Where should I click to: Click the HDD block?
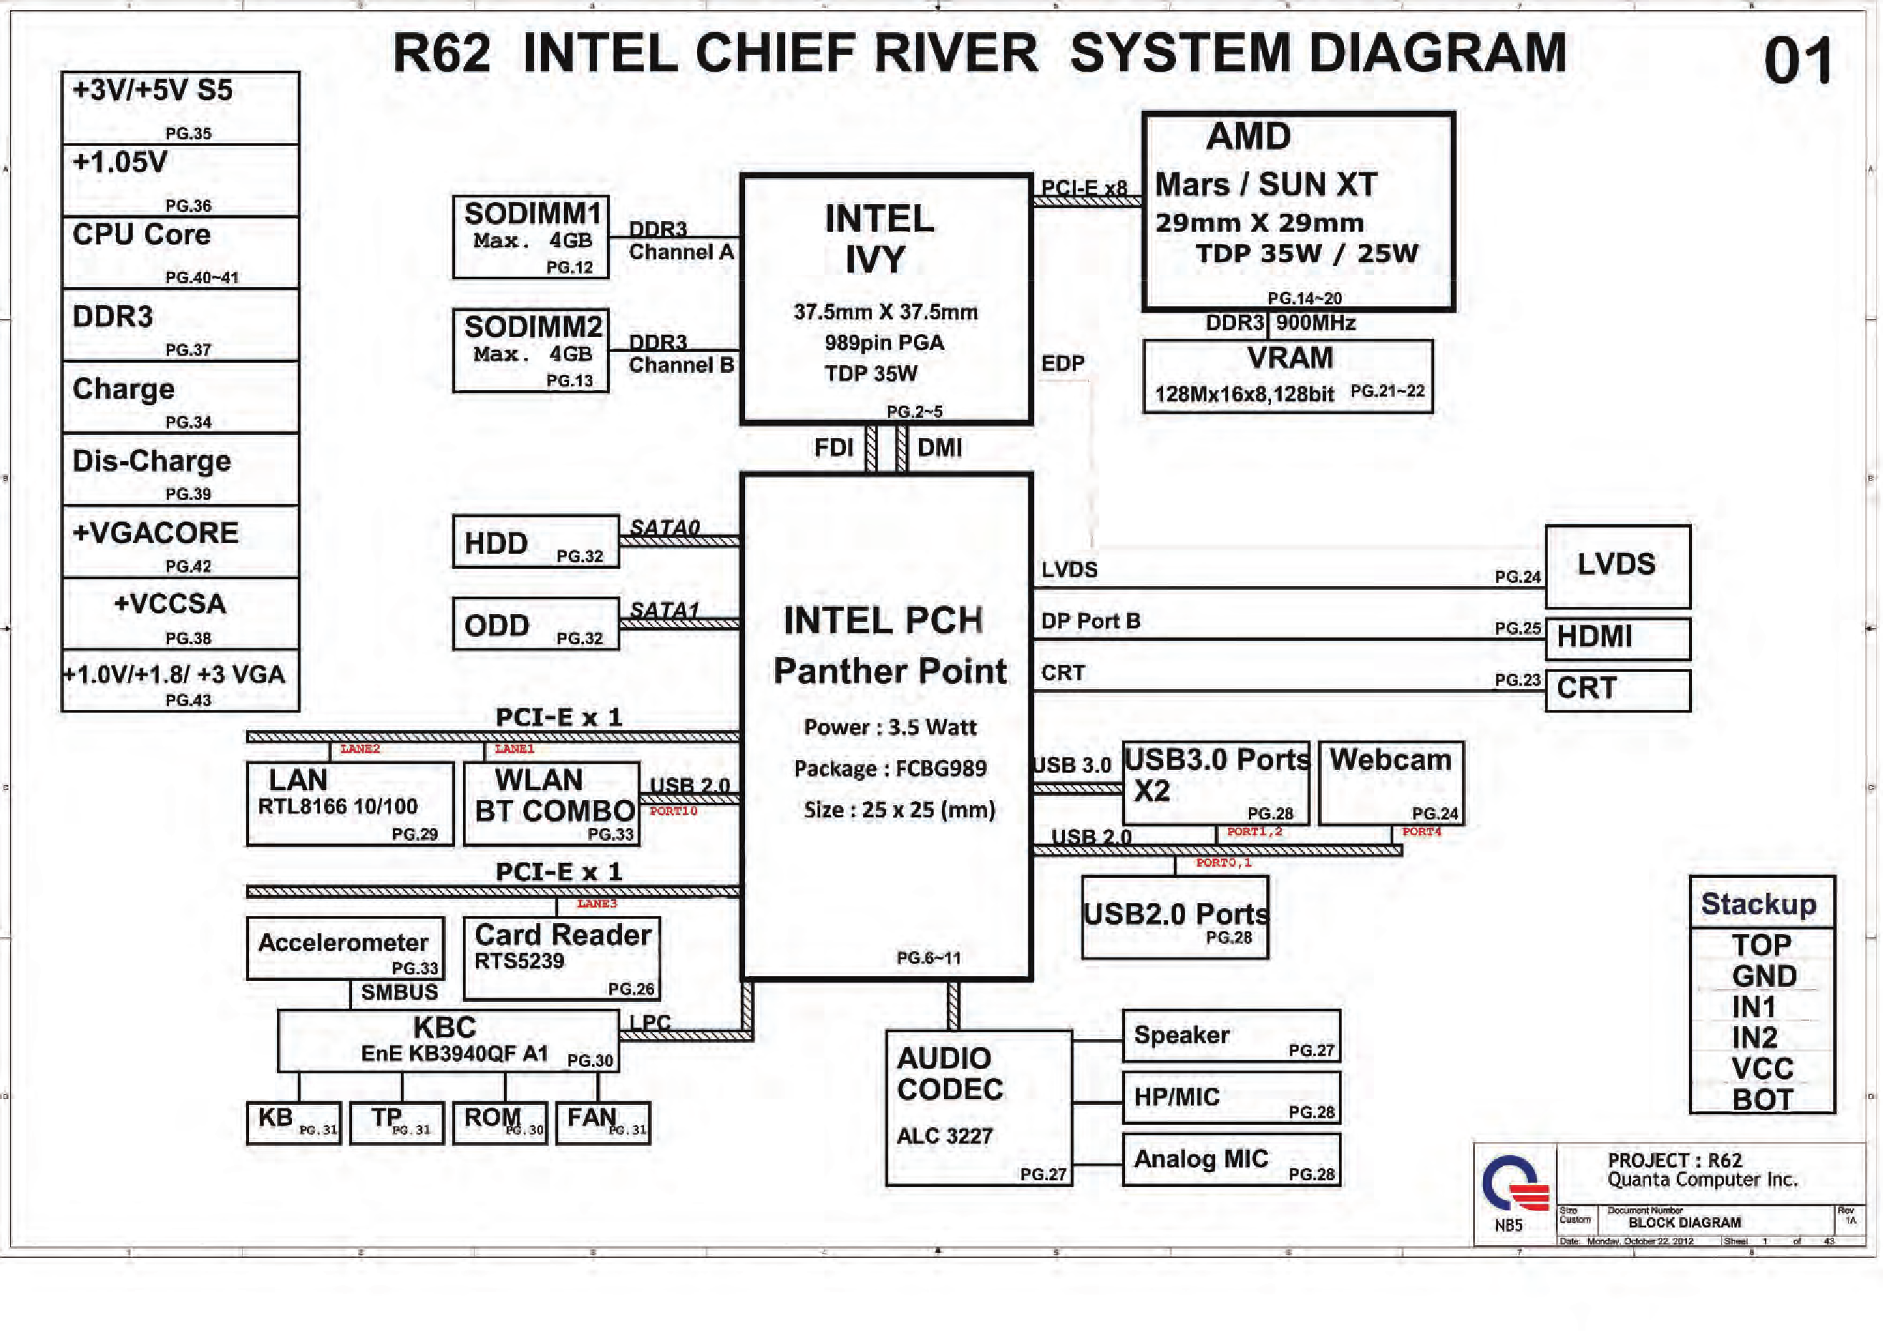pyautogui.click(x=535, y=541)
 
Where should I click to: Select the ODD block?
pyautogui.click(x=535, y=624)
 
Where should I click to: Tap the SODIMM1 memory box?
pyautogui.click(x=530, y=237)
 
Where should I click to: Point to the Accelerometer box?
pyautogui.click(x=345, y=948)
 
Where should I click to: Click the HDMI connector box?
pyautogui.click(x=1617, y=638)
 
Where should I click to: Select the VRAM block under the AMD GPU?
pyautogui.click(x=1288, y=376)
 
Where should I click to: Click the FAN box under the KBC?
pyautogui.click(x=603, y=1123)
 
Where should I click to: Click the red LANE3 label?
pyautogui.click(x=596, y=904)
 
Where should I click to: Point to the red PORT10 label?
pyautogui.click(x=673, y=811)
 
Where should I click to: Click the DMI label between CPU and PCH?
pyautogui.click(x=940, y=448)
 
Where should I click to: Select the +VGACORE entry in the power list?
pyautogui.click(x=180, y=541)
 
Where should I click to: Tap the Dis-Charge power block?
pyautogui.click(x=180, y=469)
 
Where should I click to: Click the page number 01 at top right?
pyautogui.click(x=1798, y=62)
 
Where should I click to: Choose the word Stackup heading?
pyautogui.click(x=1758, y=904)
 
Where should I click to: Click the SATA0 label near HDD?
pyautogui.click(x=665, y=527)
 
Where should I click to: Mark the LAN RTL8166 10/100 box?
pyautogui.click(x=350, y=804)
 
